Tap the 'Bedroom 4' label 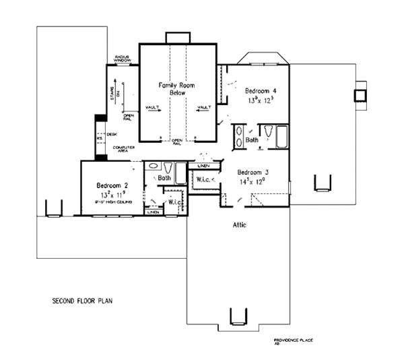(x=259, y=91)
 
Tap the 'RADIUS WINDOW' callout (x=123, y=59)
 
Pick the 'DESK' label (x=112, y=134)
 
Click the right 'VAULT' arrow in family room (x=203, y=107)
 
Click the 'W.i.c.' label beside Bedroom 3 (x=203, y=179)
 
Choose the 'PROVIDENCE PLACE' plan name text (x=294, y=340)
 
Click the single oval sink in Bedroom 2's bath (x=154, y=165)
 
